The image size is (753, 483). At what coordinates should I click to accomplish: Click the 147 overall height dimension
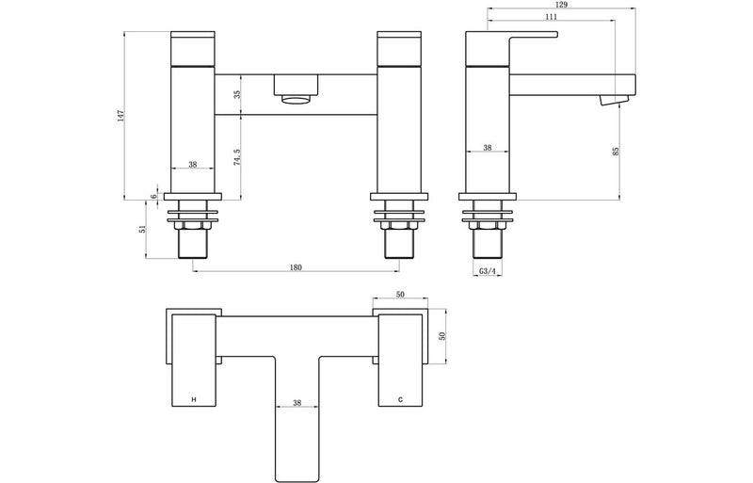pyautogui.click(x=120, y=115)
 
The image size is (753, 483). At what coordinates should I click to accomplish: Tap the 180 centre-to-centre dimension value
pyautogui.click(x=296, y=267)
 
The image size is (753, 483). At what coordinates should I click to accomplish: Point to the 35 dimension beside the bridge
pyautogui.click(x=236, y=94)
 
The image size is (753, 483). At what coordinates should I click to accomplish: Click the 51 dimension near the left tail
pyautogui.click(x=141, y=228)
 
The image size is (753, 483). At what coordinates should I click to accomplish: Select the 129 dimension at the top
pyautogui.click(x=549, y=5)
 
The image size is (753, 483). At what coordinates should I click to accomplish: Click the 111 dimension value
pyautogui.click(x=551, y=17)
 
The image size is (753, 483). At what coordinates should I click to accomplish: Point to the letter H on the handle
pyautogui.click(x=194, y=400)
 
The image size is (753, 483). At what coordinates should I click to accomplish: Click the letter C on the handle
pyautogui.click(x=400, y=400)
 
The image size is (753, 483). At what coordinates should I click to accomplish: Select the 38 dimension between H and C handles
pyautogui.click(x=296, y=403)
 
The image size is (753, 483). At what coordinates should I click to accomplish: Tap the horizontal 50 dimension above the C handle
pyautogui.click(x=401, y=296)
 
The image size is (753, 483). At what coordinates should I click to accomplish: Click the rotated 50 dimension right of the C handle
pyautogui.click(x=441, y=335)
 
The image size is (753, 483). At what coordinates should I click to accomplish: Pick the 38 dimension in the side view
pyautogui.click(x=488, y=148)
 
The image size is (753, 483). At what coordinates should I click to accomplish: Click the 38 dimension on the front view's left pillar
pyautogui.click(x=193, y=164)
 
